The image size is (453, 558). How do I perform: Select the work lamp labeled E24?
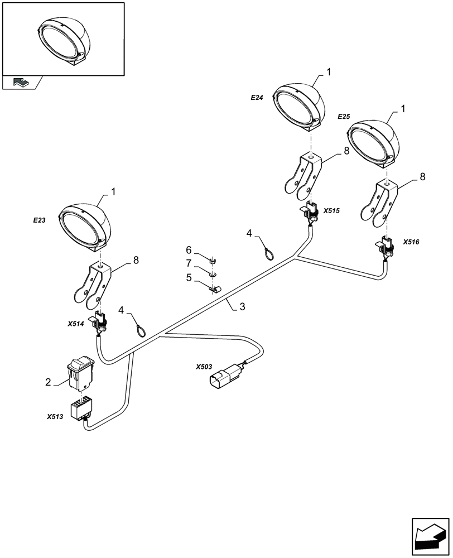pos(298,105)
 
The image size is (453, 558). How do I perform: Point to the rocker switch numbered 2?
pos(81,373)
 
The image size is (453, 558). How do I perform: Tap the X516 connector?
pos(386,246)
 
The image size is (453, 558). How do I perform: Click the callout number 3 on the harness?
pos(242,306)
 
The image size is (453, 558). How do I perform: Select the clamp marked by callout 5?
pos(214,288)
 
